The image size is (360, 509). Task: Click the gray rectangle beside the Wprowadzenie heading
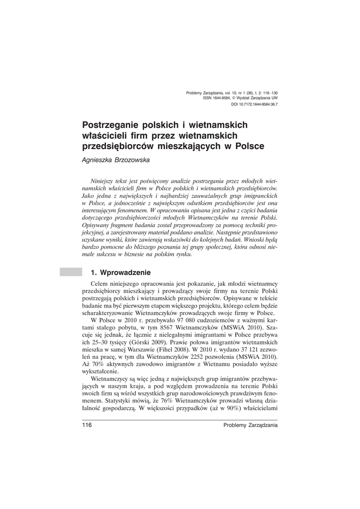(x=70, y=271)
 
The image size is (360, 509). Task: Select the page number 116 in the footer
(x=87, y=424)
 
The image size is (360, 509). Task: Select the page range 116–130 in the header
(x=270, y=93)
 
